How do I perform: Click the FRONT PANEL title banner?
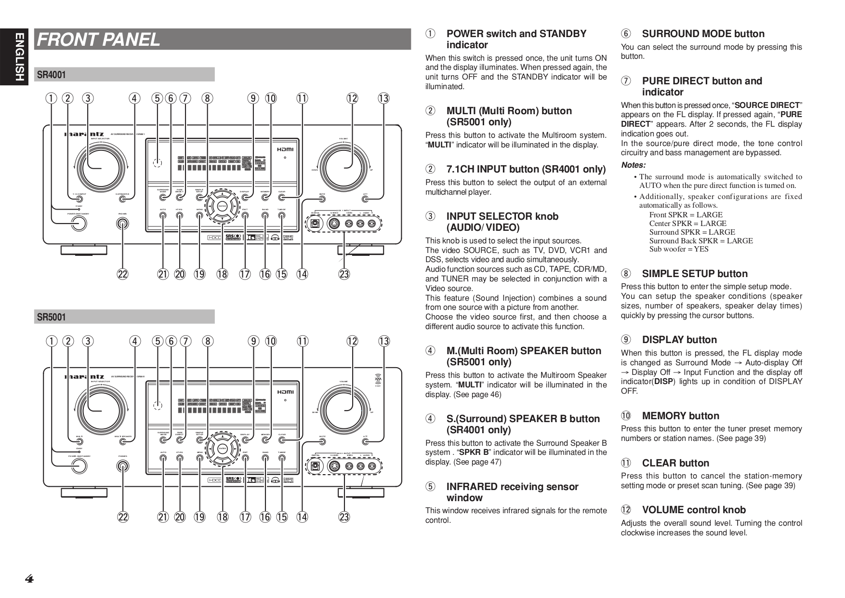click(223, 39)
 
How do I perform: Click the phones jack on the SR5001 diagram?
click(123, 466)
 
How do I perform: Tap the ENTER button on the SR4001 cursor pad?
click(222, 206)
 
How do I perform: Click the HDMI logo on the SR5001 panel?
click(285, 392)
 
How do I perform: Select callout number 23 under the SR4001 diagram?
click(344, 275)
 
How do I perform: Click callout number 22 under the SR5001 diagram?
click(123, 517)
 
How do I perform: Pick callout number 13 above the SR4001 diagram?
click(383, 98)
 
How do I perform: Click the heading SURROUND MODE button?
click(703, 34)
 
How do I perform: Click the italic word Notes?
click(633, 165)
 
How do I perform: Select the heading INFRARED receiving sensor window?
click(512, 492)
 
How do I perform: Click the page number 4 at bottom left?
click(29, 579)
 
